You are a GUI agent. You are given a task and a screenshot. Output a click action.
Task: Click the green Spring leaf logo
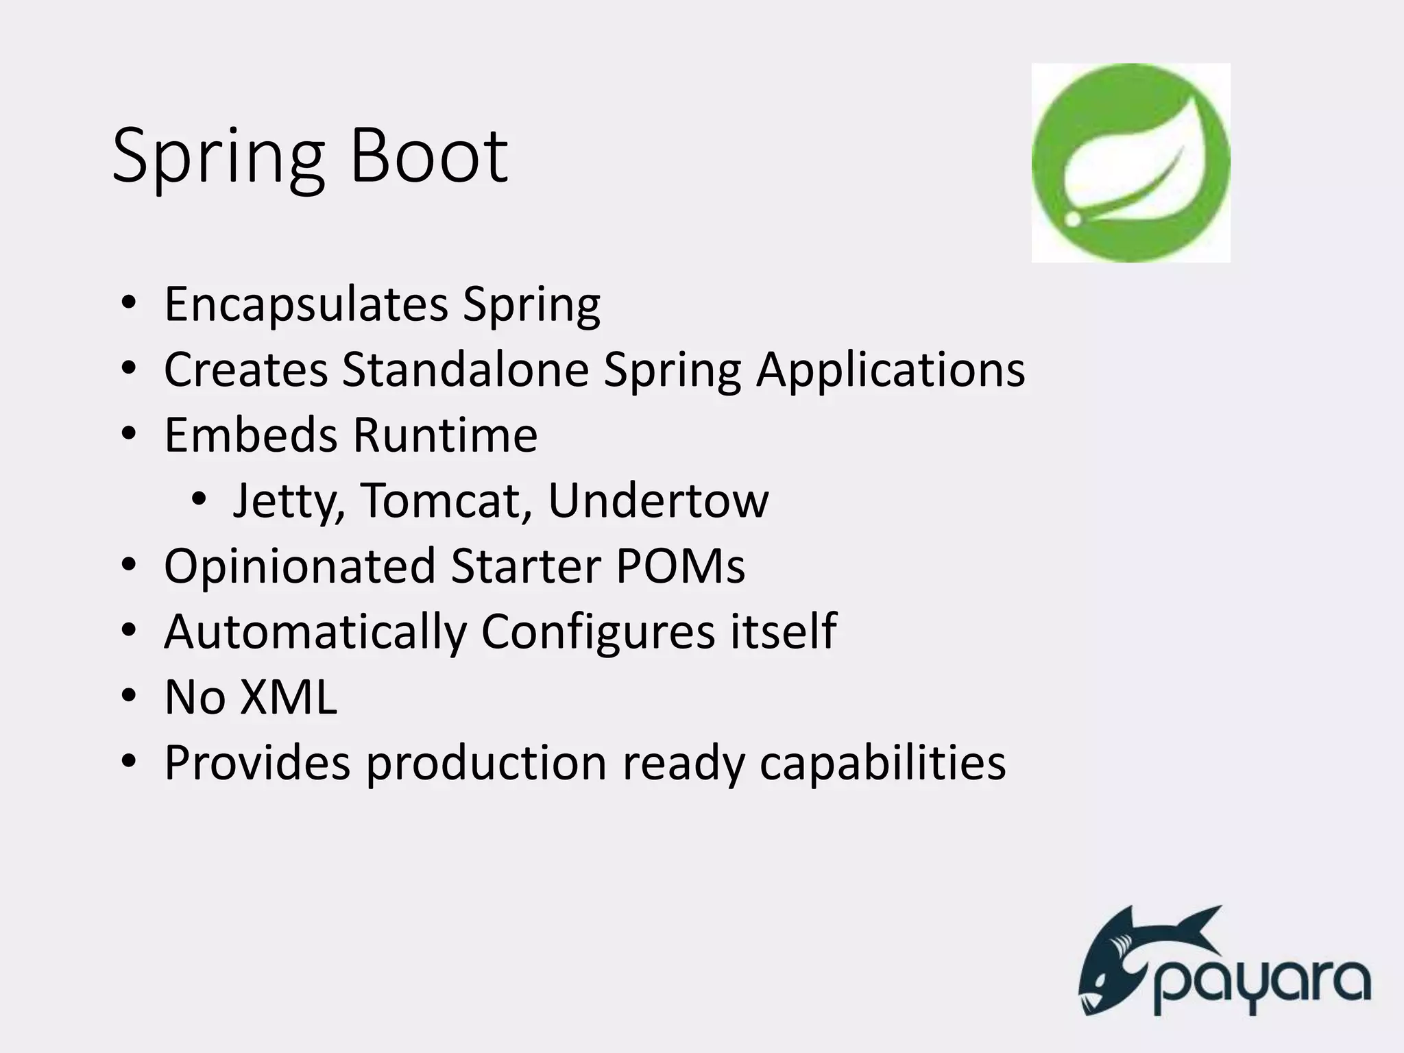1130,162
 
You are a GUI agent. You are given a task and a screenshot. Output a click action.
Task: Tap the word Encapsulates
306,304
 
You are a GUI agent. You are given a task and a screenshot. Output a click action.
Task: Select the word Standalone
465,370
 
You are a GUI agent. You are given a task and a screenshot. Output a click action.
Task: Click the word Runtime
445,435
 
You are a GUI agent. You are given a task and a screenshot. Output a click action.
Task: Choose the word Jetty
288,501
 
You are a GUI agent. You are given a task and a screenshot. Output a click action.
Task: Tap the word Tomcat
446,500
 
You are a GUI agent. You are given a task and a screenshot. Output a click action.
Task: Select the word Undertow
658,500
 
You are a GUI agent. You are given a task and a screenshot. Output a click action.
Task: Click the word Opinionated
300,567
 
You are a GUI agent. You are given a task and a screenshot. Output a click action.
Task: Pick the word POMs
680,566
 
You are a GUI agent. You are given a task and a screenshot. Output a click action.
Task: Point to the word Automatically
315,632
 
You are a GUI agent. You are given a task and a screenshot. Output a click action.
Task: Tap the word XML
289,697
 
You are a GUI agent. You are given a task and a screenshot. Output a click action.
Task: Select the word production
486,763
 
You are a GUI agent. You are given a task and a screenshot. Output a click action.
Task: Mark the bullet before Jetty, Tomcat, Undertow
199,500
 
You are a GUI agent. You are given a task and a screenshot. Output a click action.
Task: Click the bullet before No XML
129,697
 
